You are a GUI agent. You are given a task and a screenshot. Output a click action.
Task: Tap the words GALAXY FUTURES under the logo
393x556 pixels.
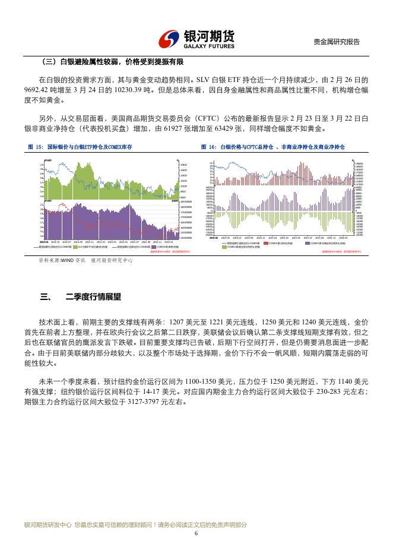coord(209,46)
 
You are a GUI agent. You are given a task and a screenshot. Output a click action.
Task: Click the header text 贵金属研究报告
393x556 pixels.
coord(337,42)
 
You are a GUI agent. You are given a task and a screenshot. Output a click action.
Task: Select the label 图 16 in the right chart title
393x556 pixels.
coord(208,147)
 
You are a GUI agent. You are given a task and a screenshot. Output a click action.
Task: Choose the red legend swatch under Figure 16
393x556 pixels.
coord(266,243)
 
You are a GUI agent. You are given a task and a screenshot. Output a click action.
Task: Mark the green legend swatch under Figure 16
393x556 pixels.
coord(224,247)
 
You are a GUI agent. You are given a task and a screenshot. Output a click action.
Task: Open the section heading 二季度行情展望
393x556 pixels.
coord(93,297)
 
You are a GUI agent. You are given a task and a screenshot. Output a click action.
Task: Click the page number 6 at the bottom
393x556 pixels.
coord(196,533)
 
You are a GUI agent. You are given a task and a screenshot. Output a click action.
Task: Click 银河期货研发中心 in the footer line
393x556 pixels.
coord(47,525)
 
